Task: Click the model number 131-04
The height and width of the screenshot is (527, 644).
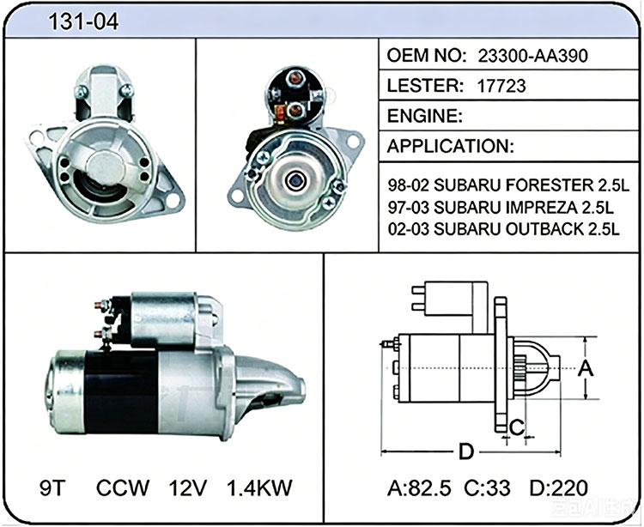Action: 83,21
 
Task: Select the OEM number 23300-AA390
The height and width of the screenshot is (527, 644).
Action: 532,56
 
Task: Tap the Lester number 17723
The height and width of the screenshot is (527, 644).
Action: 501,86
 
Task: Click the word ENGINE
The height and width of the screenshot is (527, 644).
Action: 424,116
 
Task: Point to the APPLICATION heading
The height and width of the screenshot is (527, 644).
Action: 450,146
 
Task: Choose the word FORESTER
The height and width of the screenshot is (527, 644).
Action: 549,185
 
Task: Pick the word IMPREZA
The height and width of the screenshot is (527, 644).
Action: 541,207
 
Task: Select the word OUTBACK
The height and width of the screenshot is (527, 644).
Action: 544,229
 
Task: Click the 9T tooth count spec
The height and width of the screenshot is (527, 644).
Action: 53,488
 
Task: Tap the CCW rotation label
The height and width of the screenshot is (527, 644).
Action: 123,488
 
